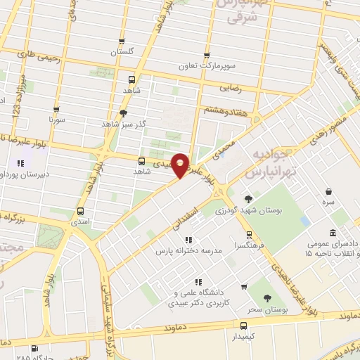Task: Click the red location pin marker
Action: [x=181, y=165]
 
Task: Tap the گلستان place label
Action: [x=122, y=52]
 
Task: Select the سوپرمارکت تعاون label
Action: [x=206, y=65]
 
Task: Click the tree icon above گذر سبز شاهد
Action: [x=124, y=112]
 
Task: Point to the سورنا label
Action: [x=56, y=120]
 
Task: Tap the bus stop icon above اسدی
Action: [x=79, y=211]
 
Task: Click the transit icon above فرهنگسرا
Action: [x=247, y=235]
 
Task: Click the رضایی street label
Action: [x=232, y=89]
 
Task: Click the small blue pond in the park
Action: [x=304, y=221]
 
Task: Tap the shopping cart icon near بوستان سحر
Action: [x=244, y=286]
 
